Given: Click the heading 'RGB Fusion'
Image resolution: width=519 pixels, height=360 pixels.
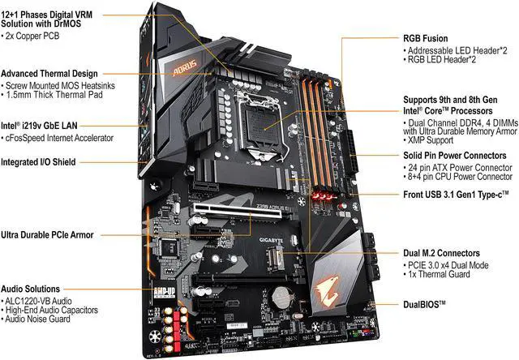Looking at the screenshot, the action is pos(425,38).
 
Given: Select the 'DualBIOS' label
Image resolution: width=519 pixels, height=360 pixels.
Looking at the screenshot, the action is pos(424,304).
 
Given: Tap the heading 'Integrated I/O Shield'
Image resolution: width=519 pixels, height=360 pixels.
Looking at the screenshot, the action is pos(38,162).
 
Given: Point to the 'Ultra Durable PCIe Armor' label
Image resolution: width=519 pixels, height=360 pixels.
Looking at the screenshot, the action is pos(47,235).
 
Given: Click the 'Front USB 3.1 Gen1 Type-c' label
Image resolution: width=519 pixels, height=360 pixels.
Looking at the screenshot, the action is pos(456,195).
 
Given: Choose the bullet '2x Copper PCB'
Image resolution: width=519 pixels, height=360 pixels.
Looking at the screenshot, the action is pos(31,36).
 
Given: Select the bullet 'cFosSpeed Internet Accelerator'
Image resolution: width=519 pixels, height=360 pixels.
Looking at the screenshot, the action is pos(58,138).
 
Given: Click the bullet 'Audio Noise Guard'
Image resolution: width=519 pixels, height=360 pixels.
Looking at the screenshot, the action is pos(36,319).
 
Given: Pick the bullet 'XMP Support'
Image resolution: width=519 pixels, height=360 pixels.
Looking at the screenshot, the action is pos(428,140).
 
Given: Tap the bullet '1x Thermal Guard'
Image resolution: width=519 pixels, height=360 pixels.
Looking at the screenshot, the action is pos(437,274).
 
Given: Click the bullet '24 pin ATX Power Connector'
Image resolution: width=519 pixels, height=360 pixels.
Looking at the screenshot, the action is pos(458,167).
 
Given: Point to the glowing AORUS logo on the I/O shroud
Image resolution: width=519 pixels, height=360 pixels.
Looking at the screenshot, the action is pos(185,67).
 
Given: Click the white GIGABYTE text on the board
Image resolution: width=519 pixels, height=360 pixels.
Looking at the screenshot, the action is pos(272,240).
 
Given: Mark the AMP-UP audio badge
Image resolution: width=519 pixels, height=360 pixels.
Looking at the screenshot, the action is pos(164,293).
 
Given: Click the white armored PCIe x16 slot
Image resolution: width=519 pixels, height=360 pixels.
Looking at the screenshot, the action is pos(238,211).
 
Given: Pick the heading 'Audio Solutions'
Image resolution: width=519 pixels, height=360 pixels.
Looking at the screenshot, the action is pos(31,289).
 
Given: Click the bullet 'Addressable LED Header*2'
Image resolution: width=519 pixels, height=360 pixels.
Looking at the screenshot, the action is pos(456,50).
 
